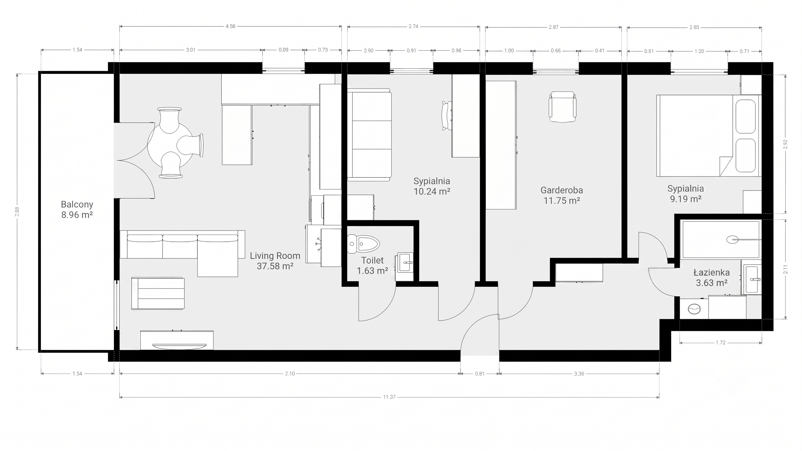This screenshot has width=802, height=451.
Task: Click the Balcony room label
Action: [77, 204]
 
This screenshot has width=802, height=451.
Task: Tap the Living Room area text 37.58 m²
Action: [275, 266]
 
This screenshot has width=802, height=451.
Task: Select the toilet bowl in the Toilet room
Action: [363, 243]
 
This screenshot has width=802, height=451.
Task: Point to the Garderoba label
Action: [562, 190]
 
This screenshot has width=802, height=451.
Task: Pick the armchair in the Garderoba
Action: [562, 107]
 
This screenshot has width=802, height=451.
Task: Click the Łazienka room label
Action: [712, 273]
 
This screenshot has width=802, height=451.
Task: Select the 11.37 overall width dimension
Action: [389, 397]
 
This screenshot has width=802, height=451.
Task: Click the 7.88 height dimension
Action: [17, 212]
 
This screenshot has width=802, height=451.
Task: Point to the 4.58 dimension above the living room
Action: [230, 26]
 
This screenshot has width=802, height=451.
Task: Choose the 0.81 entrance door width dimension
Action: [480, 373]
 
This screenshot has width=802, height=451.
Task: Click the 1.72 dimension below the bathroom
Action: [720, 343]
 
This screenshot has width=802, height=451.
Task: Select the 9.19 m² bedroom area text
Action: [686, 199]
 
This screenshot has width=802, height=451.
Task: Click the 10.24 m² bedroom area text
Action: [432, 191]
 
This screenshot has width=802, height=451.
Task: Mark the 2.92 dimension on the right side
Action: [785, 144]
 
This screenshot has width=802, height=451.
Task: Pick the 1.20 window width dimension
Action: [699, 51]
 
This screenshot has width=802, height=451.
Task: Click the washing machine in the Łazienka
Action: [694, 309]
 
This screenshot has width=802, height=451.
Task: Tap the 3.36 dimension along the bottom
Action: [579, 373]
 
